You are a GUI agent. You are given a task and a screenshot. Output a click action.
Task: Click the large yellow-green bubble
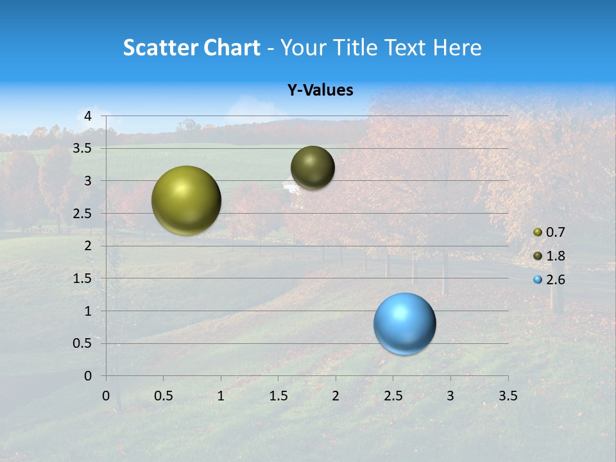[186, 200]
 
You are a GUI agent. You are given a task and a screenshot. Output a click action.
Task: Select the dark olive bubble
[312, 167]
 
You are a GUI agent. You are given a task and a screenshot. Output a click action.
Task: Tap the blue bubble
[405, 323]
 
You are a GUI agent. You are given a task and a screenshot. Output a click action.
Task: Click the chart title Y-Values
[320, 90]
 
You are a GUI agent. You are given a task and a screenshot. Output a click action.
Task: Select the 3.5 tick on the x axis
[508, 397]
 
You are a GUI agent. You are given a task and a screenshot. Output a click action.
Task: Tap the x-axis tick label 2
[336, 397]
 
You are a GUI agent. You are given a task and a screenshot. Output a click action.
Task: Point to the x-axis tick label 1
[221, 397]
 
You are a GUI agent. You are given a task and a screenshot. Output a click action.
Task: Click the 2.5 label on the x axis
[393, 397]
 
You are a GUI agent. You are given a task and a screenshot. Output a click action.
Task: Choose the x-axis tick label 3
[450, 397]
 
